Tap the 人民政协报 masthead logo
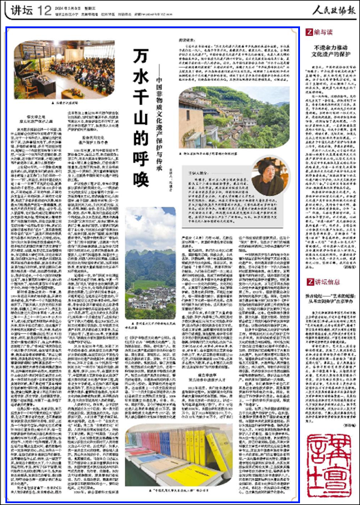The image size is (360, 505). tap(326, 10)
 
